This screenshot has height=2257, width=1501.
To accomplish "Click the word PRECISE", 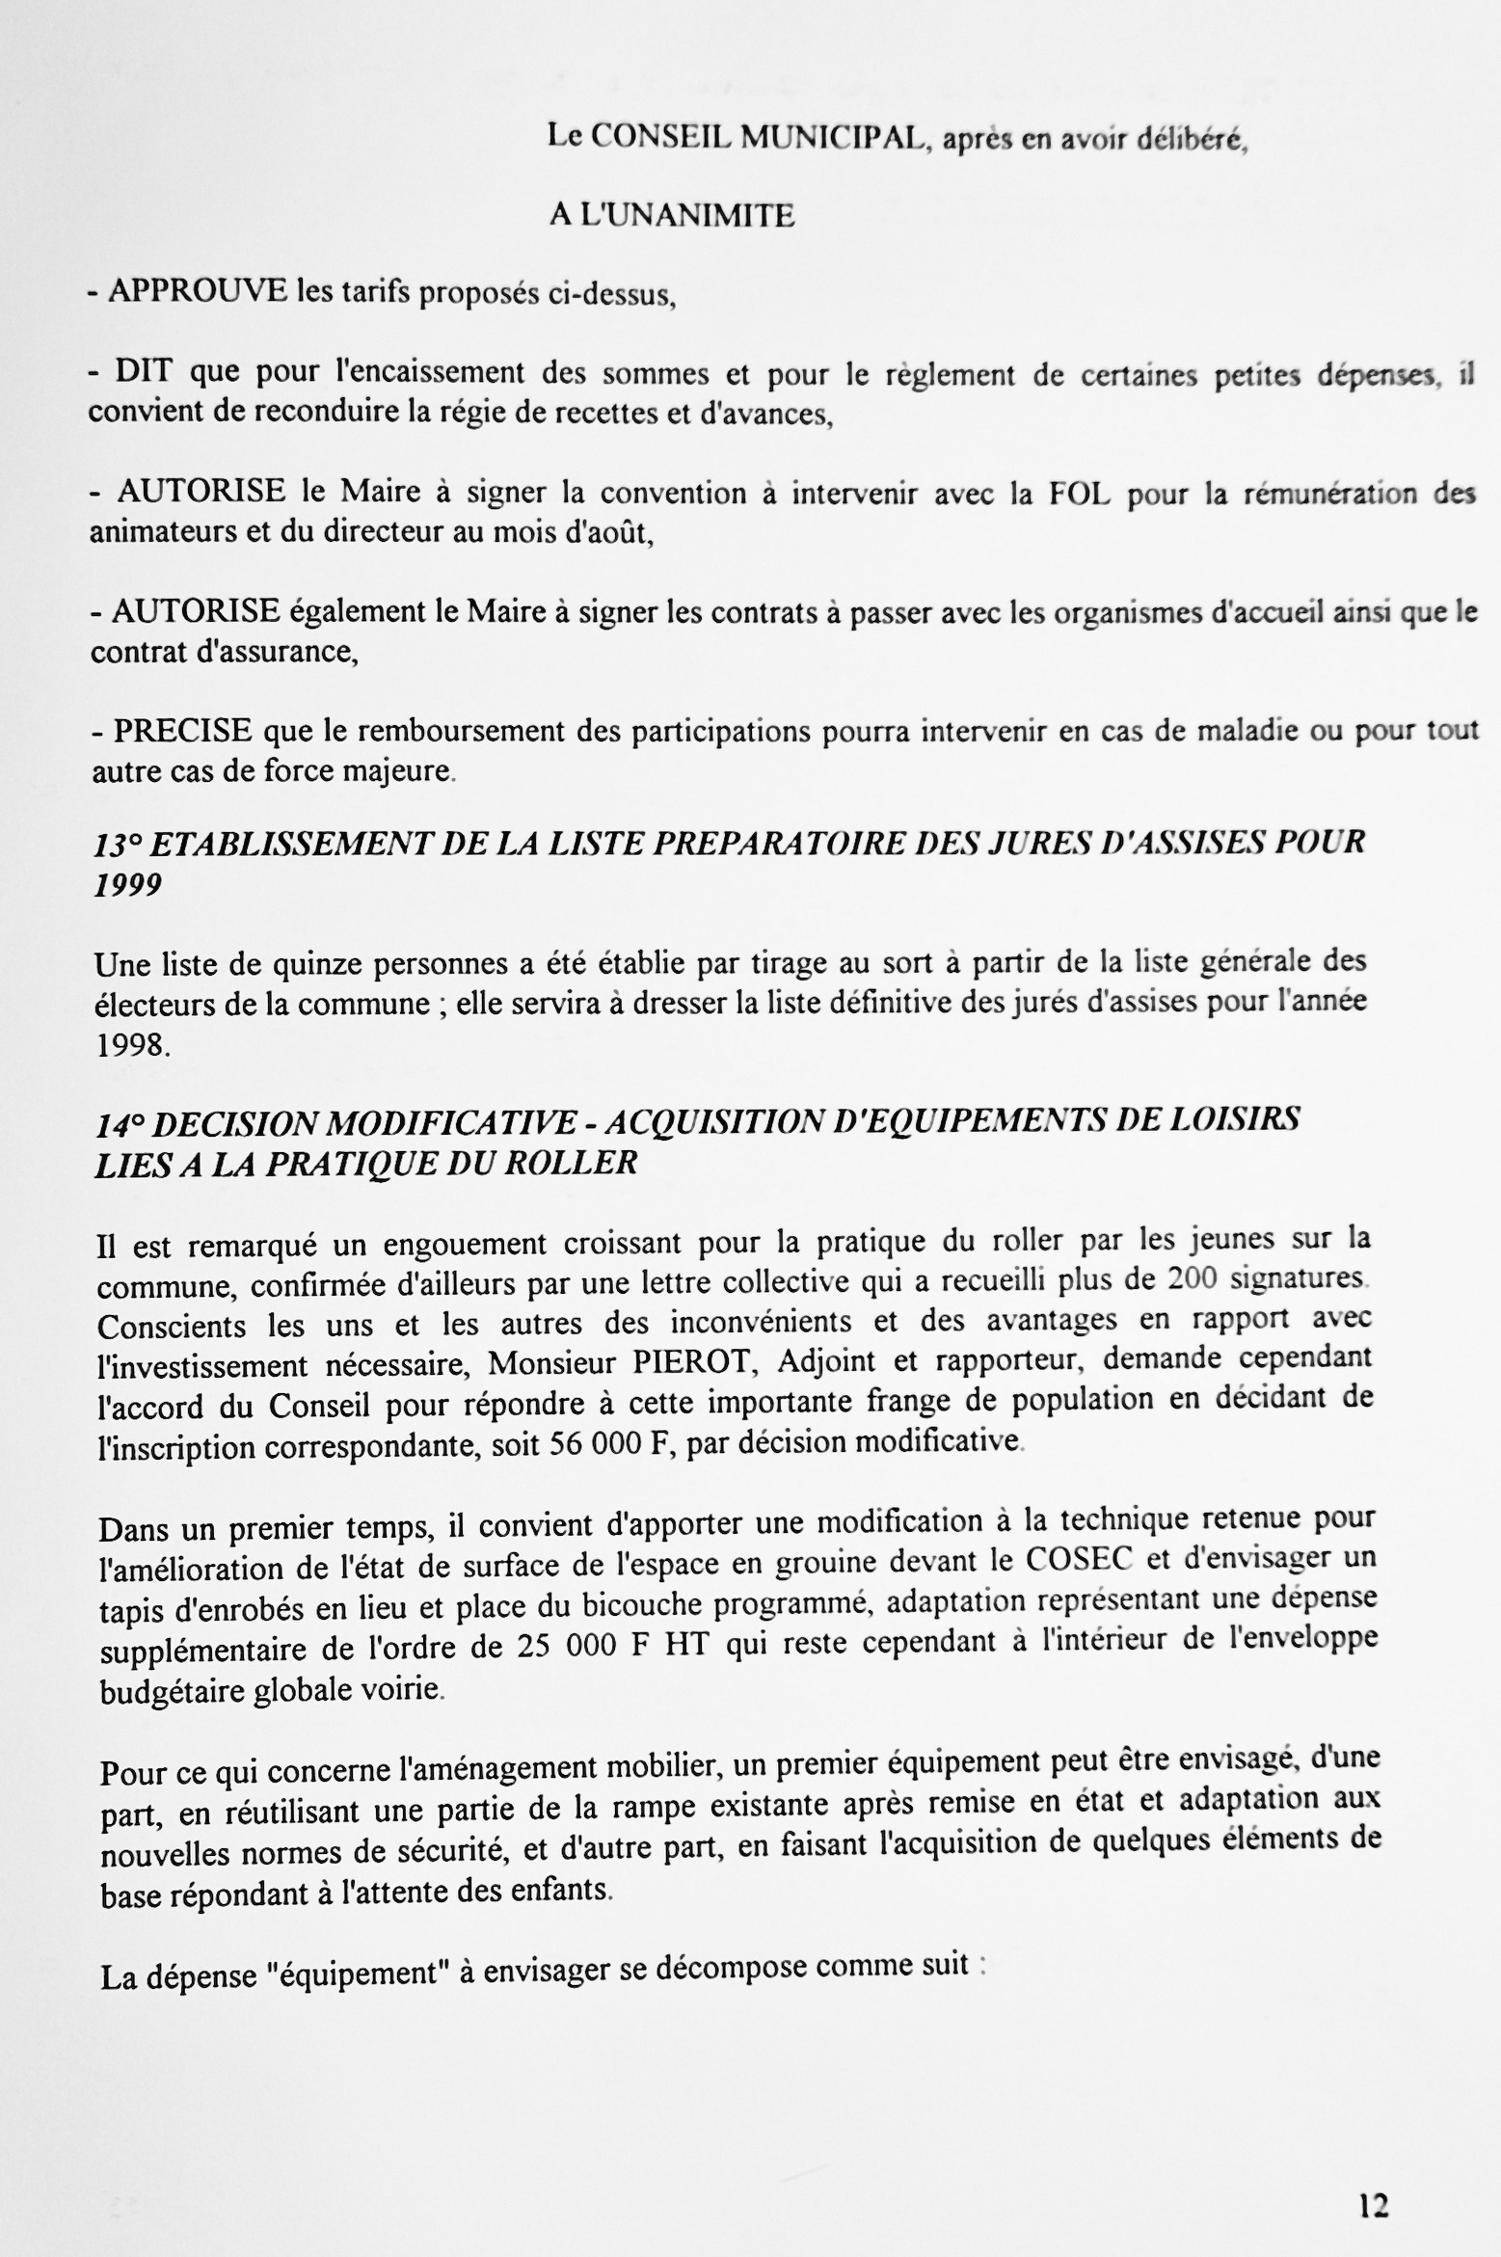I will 183,730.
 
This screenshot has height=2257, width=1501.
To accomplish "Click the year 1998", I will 132,1045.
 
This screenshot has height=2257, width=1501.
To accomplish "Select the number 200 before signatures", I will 1193,1279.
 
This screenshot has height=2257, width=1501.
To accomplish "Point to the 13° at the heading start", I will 118,844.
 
